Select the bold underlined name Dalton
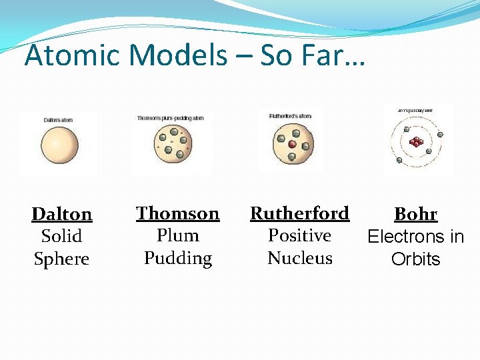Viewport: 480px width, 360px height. pos(62,214)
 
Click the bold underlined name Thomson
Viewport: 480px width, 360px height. pos(177,213)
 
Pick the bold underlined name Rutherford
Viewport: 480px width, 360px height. pos(299,213)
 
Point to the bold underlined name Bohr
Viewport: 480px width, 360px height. pos(415,214)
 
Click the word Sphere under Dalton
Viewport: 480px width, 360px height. pos(61,259)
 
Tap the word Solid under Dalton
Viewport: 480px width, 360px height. pos(61,236)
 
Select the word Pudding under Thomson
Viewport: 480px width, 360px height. pos(178,258)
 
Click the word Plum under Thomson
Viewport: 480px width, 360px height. pos(178,235)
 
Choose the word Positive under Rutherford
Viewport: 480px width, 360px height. pos(299,235)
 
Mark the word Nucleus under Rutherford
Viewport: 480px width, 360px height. pos(300,258)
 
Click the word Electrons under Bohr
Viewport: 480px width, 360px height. pos(399,237)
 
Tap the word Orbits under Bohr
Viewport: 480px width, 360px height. pos(416,259)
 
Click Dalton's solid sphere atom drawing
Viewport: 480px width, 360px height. pos(60,145)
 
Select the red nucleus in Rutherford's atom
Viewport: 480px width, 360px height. pos(292,144)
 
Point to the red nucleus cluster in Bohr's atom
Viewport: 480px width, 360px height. pos(417,141)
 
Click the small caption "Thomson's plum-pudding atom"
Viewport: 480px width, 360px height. pos(170,118)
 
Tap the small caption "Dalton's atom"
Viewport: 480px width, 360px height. pos(58,120)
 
